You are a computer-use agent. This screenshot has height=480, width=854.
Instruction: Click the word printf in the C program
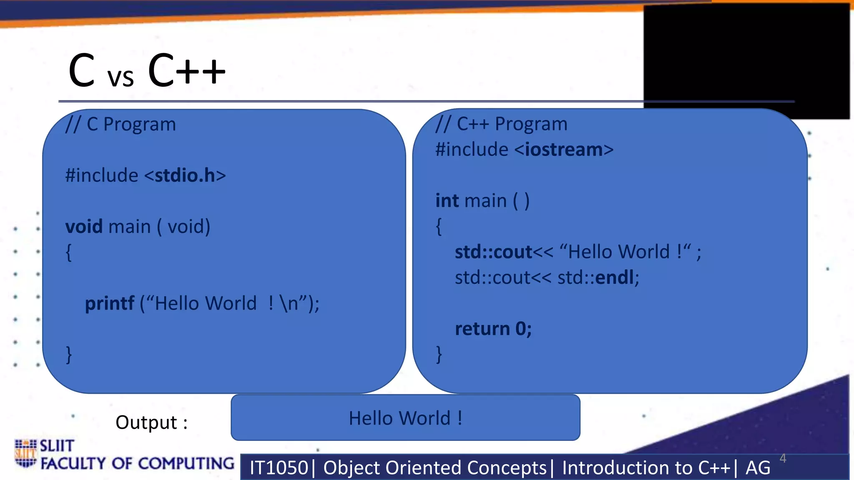(109, 303)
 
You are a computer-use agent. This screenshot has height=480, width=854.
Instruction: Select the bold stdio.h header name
(185, 175)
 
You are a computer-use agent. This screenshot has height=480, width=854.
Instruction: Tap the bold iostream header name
(564, 150)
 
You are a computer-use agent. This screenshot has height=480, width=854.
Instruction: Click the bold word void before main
(84, 227)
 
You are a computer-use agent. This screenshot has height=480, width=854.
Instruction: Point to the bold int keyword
(447, 201)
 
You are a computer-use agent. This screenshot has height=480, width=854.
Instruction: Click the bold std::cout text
(493, 252)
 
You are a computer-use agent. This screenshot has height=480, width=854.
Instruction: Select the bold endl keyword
(615, 277)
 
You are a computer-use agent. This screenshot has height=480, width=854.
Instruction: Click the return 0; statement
(493, 329)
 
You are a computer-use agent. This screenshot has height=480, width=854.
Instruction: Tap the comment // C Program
(121, 124)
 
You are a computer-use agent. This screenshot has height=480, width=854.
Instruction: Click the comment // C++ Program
(501, 124)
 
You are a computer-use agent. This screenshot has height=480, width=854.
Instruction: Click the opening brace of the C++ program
(439, 227)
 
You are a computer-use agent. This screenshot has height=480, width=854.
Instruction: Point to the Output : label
(151, 422)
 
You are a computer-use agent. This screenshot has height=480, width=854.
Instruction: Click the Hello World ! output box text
(405, 418)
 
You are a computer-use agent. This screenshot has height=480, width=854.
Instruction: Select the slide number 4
(783, 458)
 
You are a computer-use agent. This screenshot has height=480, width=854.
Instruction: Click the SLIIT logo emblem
(25, 453)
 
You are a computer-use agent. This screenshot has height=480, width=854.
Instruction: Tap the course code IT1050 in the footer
(279, 467)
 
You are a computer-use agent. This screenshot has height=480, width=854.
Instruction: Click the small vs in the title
(121, 77)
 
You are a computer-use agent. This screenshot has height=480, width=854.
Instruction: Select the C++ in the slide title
(186, 71)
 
